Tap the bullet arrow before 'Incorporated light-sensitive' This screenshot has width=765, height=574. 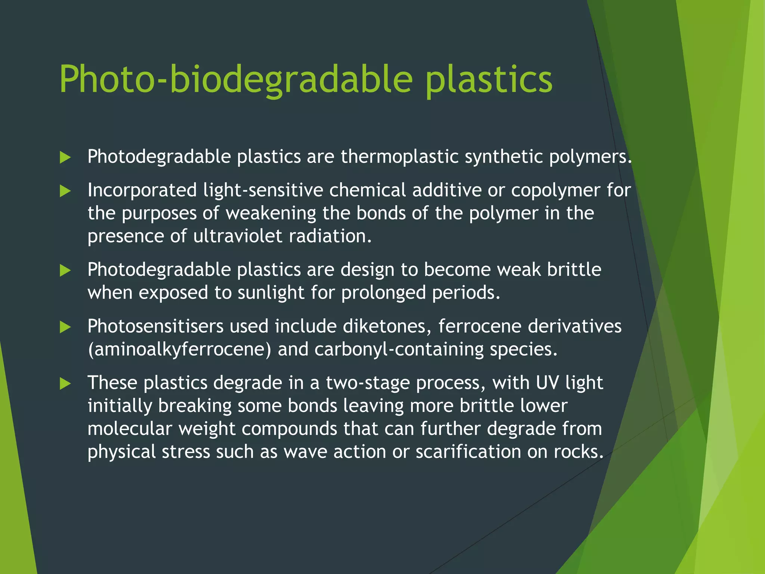tap(65, 191)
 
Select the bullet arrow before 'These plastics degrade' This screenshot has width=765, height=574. tap(65, 384)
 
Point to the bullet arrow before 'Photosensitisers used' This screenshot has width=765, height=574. tap(65, 327)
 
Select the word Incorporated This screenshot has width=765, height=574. tap(142, 191)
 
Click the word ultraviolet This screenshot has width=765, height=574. tap(238, 236)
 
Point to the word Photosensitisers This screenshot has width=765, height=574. tap(155, 326)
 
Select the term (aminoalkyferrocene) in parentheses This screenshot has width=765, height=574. tap(179, 350)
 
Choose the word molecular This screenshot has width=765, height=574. tap(130, 429)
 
